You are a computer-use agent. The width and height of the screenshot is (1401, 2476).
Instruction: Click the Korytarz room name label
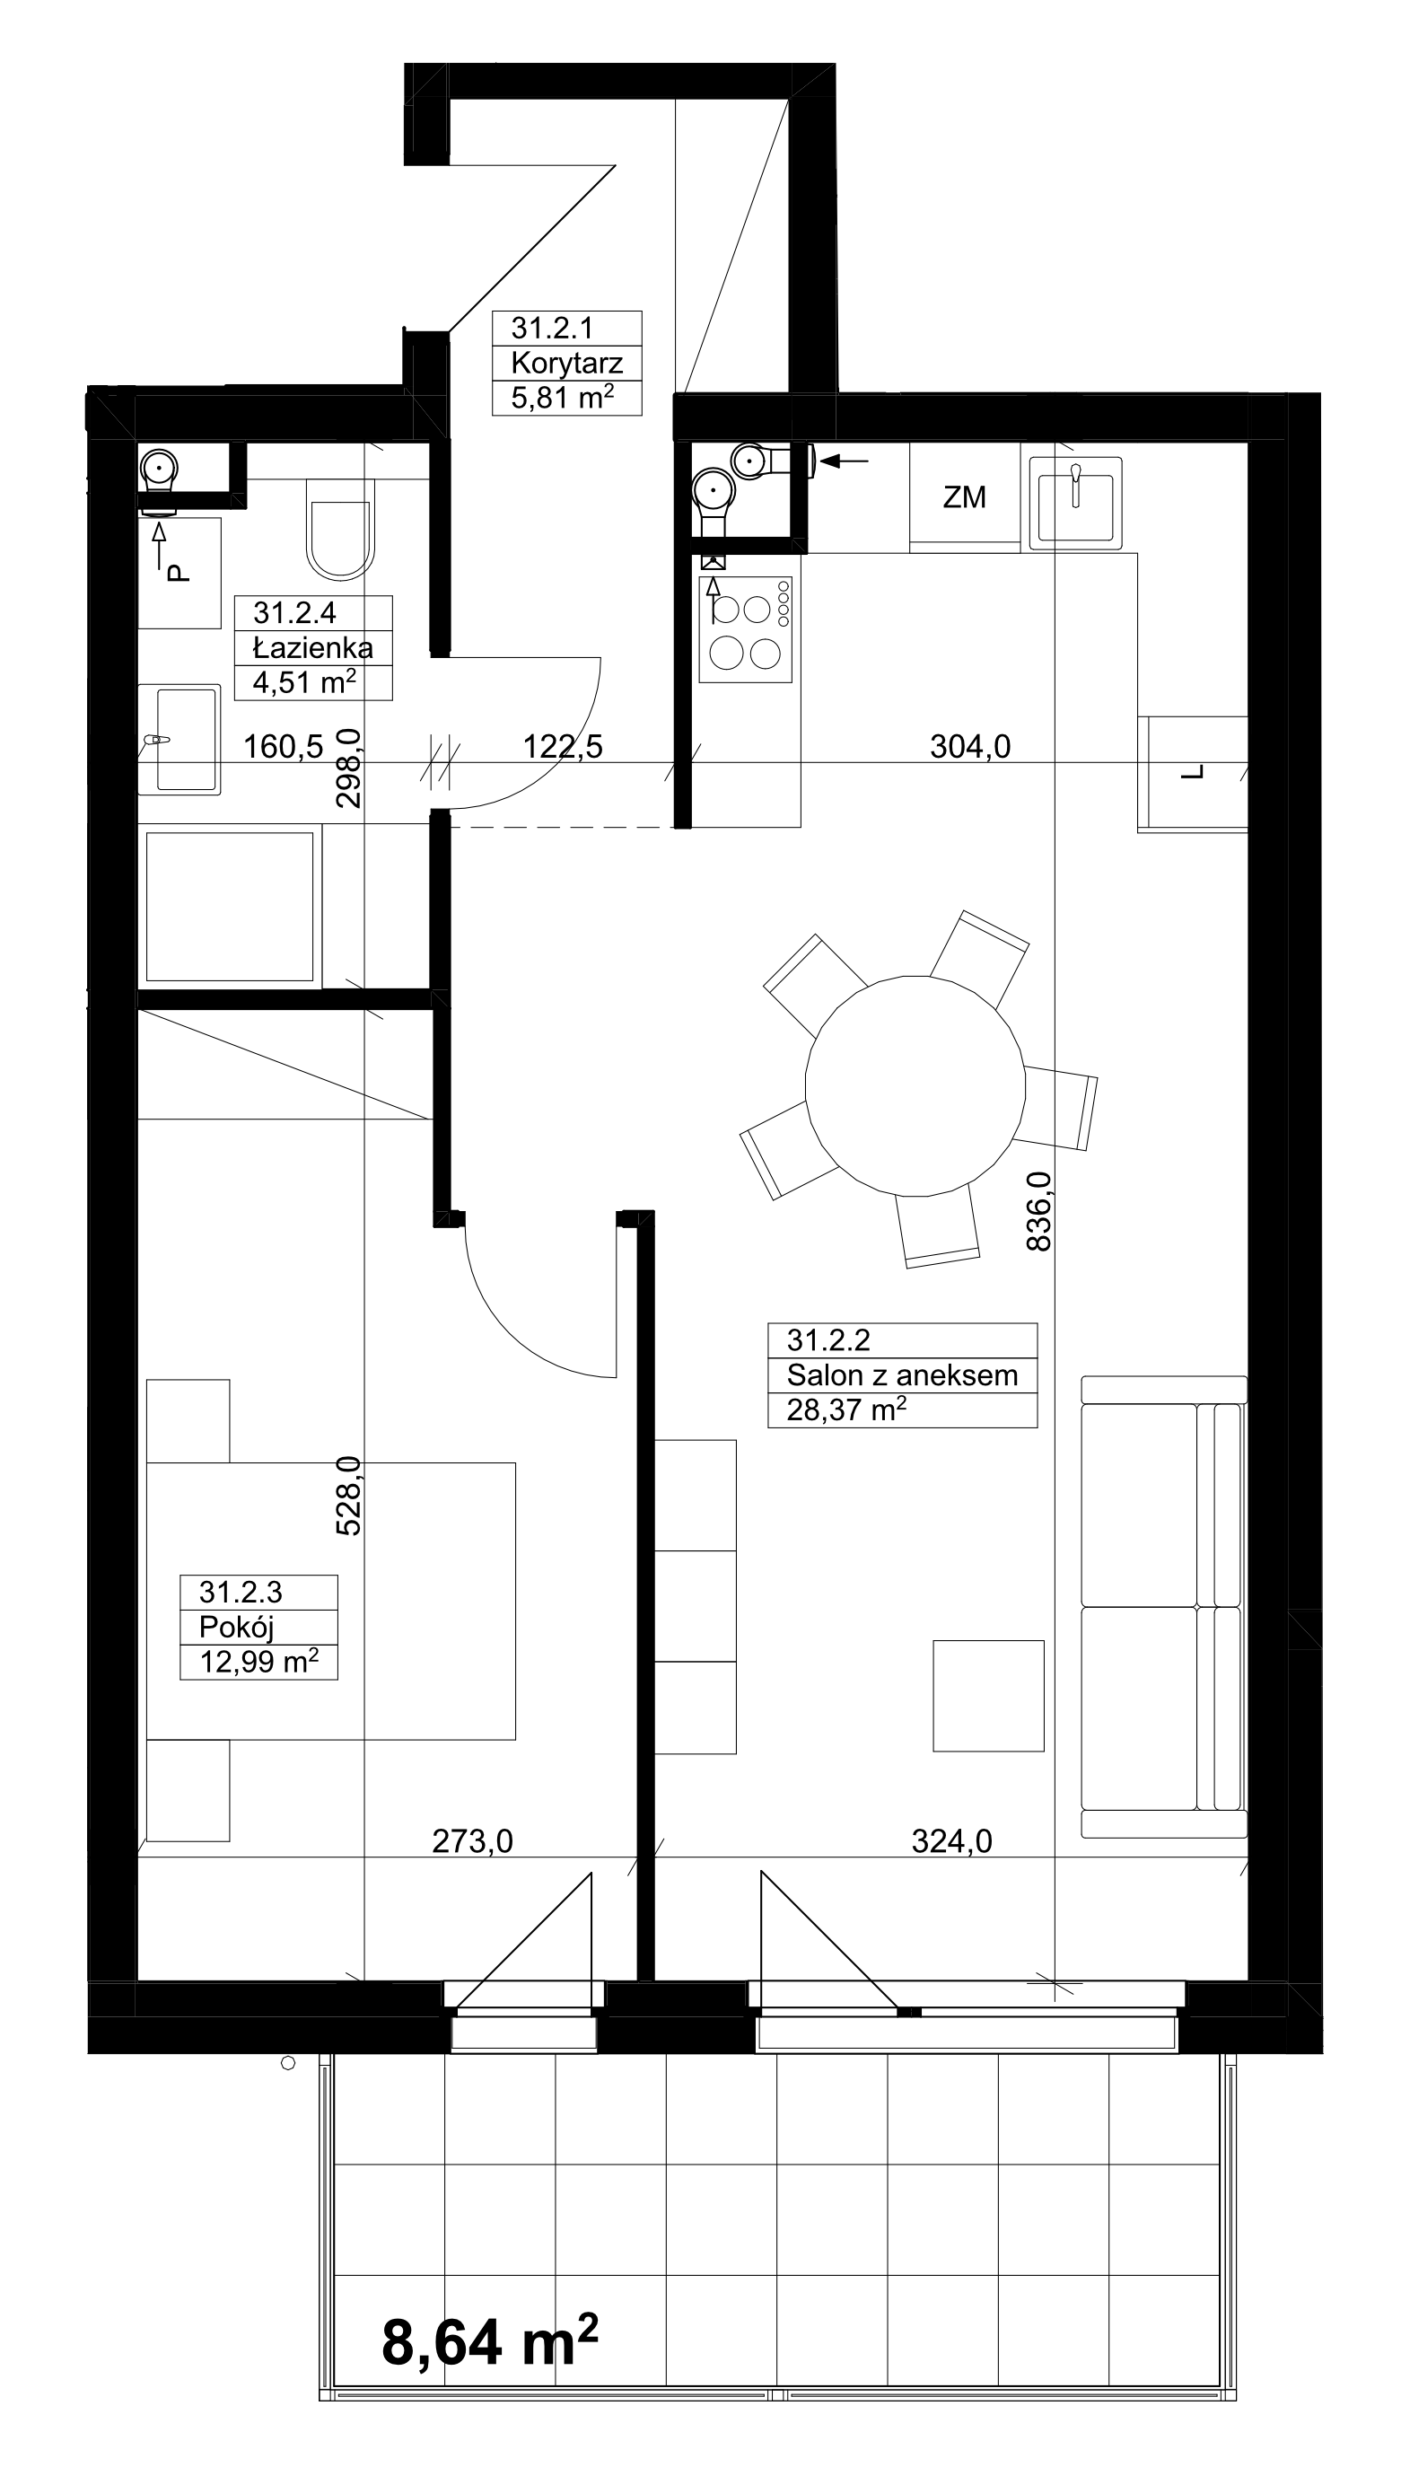[566, 363]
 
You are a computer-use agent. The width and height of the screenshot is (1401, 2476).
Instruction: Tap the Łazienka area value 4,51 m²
[304, 682]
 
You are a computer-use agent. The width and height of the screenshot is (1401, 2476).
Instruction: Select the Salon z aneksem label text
[903, 1375]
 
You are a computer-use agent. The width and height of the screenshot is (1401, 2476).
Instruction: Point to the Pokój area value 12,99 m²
[258, 1661]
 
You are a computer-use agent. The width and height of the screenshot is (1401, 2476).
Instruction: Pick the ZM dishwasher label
[964, 497]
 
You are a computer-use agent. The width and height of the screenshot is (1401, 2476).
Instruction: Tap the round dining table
[915, 1085]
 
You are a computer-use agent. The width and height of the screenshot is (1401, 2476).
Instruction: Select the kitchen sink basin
[1076, 503]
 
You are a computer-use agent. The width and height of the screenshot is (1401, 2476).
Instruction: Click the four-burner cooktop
[746, 630]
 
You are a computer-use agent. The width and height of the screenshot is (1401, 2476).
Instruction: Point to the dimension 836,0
[1039, 1210]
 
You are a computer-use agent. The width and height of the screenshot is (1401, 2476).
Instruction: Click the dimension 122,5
[563, 746]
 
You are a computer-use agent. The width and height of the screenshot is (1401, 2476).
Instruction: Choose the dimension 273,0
[472, 1841]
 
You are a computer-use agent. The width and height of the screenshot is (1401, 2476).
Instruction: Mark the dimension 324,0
[951, 1841]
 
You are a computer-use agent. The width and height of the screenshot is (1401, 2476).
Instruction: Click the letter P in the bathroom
[178, 574]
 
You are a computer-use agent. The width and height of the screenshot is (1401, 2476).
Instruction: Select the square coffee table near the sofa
[988, 1696]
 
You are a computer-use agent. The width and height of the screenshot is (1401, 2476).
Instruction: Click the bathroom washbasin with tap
[179, 740]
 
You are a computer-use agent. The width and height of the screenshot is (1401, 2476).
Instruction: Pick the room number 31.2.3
[241, 1592]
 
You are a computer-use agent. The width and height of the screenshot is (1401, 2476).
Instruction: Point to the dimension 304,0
[970, 746]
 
